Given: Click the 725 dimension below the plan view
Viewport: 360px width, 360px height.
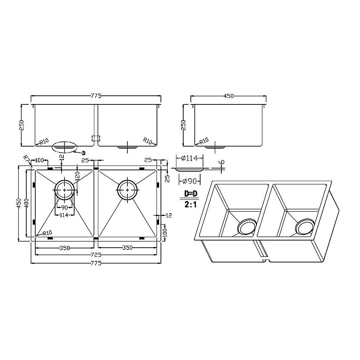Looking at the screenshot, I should click(x=95, y=255).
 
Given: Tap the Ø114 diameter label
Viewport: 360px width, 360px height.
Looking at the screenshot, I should click(x=189, y=157).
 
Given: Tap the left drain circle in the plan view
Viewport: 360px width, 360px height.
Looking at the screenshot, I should click(x=65, y=189).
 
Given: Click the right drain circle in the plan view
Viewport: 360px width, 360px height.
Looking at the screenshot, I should click(x=127, y=189).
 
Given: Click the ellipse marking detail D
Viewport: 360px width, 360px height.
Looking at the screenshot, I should click(x=64, y=147).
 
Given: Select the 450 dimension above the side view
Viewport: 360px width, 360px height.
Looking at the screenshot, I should click(x=229, y=96).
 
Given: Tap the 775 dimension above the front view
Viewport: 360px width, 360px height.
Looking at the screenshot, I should click(x=96, y=96).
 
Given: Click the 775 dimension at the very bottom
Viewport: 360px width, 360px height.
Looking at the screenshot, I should click(x=96, y=263).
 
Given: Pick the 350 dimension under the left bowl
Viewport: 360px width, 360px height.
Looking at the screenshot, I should click(x=64, y=248).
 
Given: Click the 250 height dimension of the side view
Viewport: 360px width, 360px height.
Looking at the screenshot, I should click(x=184, y=125).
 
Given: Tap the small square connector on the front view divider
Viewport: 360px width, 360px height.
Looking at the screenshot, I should click(x=96, y=138).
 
